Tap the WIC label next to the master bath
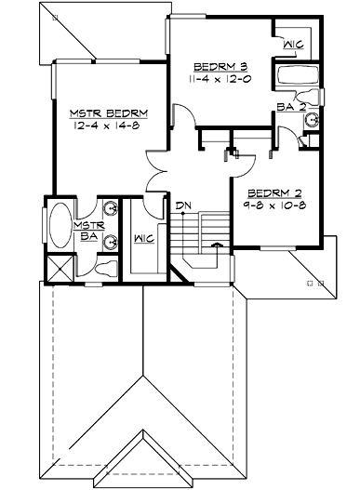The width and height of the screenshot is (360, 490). (143, 238)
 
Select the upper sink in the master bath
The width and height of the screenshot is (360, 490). (113, 207)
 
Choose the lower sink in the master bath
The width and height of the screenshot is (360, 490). (113, 243)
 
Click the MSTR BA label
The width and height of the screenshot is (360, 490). (89, 230)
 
